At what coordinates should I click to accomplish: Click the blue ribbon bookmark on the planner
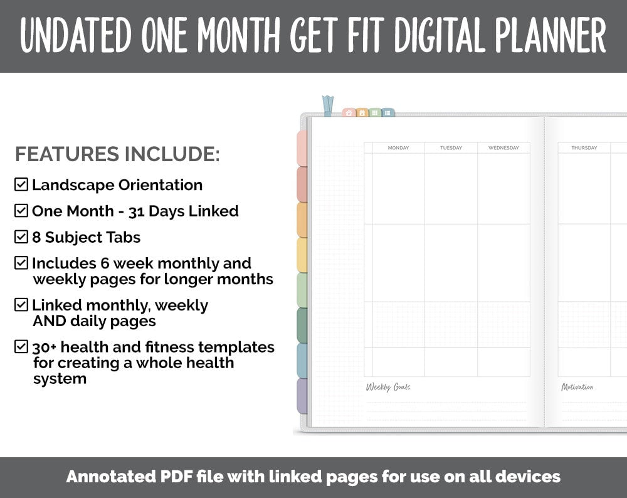[327, 105]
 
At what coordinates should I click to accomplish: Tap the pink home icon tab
[349, 113]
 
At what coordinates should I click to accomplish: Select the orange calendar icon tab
[362, 113]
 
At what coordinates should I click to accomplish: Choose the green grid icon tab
[375, 113]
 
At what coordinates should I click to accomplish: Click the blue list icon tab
[388, 113]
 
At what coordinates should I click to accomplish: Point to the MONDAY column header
[398, 148]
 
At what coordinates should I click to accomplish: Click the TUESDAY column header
[451, 148]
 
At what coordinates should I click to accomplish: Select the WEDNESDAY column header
[503, 148]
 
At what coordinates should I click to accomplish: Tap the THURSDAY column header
[584, 148]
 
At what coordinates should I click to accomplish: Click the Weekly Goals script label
[388, 387]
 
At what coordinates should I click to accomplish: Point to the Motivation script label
[577, 387]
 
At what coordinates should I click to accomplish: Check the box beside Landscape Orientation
[21, 184]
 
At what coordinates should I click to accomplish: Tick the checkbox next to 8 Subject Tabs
[21, 237]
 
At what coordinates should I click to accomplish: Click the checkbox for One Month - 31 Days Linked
[21, 211]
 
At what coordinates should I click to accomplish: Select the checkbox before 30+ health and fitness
[21, 346]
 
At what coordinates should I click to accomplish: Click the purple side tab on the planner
[302, 396]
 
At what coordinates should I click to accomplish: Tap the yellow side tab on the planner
[302, 255]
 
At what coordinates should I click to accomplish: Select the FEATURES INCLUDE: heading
[117, 154]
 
